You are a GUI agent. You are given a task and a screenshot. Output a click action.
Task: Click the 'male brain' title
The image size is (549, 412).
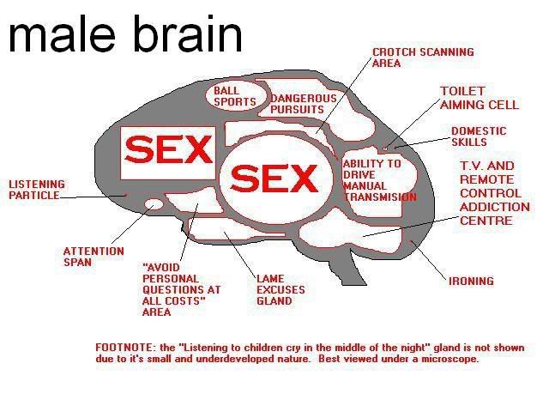(125, 34)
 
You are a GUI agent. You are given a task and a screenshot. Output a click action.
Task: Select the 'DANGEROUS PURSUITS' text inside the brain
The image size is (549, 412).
(303, 104)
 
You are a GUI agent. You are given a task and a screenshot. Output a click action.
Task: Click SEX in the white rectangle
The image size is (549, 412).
(168, 149)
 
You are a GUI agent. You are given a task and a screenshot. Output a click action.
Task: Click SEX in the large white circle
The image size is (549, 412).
(274, 179)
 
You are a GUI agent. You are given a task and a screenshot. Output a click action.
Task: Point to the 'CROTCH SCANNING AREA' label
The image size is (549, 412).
(423, 58)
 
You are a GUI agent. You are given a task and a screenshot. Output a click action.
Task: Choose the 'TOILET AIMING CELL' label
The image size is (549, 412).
(479, 98)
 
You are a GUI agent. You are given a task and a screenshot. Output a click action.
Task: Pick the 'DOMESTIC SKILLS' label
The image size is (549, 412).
(479, 136)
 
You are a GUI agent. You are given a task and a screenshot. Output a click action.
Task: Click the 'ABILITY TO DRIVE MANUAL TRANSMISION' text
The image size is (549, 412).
(379, 180)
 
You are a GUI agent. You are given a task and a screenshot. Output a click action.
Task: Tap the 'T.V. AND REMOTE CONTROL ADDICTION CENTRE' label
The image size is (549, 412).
(495, 193)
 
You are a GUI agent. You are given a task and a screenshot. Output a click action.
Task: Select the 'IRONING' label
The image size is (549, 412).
(471, 281)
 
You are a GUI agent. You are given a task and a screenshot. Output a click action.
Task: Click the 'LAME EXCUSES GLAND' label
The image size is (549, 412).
(281, 290)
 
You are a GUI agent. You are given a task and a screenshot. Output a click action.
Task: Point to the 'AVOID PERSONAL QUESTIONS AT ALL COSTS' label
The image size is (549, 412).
(181, 290)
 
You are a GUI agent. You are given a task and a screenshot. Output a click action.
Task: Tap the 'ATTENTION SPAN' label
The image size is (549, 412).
(94, 257)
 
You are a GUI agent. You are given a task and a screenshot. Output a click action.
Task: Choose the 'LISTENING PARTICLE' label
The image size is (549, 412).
(37, 190)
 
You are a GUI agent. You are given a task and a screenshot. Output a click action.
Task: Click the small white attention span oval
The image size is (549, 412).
(154, 203)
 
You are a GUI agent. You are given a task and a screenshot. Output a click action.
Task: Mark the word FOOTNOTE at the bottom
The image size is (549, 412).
(124, 348)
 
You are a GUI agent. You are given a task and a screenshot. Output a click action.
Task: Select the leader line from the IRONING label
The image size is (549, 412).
(429, 260)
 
